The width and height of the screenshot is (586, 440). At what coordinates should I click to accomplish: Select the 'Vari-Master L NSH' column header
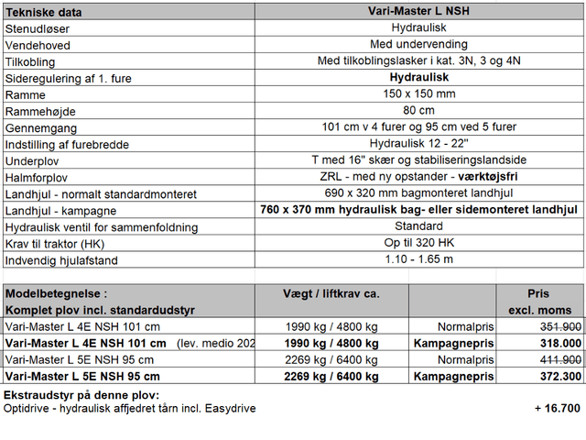point(418,12)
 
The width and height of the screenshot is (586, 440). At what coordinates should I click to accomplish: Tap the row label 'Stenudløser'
point(38,28)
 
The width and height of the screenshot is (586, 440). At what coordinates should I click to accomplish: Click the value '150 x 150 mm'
point(418,94)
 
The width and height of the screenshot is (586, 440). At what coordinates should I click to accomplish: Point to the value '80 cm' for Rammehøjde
point(418,111)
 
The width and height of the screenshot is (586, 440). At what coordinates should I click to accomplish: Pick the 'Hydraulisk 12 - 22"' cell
point(418,144)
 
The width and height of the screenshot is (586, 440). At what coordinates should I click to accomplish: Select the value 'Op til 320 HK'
point(418,243)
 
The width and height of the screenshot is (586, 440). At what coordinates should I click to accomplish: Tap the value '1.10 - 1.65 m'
point(418,259)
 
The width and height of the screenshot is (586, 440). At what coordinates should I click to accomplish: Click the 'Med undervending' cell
point(418,45)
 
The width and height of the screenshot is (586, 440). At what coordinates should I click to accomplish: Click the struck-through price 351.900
point(561,326)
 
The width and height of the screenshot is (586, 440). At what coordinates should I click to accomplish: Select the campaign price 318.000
point(561,343)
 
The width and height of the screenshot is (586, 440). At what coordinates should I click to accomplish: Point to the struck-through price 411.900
point(561,359)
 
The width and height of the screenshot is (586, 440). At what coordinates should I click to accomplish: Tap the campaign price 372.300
point(561,376)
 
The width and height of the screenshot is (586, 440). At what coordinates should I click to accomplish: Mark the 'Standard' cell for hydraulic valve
point(418,226)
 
